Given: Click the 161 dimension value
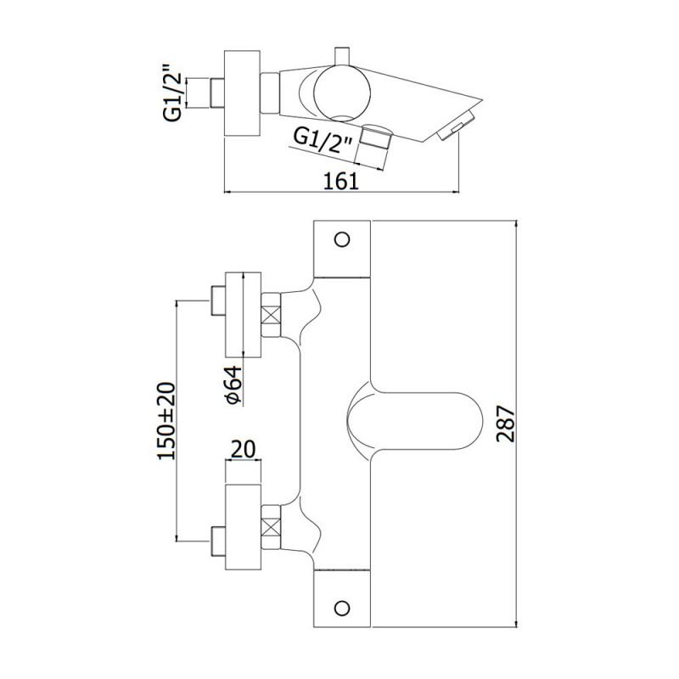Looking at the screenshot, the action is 342,181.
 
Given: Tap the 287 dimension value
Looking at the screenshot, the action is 505,424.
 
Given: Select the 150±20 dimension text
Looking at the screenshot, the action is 166,420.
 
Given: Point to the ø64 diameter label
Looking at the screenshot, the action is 233,384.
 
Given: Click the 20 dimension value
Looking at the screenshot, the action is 243,449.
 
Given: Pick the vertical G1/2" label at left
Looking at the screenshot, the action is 172,93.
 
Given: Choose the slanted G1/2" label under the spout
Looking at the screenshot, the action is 323,139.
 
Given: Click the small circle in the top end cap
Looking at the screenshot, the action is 342,239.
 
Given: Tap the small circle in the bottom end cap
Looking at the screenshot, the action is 342,608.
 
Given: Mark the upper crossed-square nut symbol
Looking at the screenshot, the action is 271,315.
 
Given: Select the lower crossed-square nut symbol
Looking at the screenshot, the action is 271,527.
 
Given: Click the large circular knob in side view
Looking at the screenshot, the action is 342,93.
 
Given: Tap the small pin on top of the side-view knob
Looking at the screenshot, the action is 342,56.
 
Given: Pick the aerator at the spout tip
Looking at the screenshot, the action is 457,125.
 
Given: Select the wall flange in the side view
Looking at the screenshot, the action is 242,93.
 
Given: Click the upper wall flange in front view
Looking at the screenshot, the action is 243,315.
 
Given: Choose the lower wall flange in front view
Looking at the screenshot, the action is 243,527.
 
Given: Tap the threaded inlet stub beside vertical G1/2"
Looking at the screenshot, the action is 217,93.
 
